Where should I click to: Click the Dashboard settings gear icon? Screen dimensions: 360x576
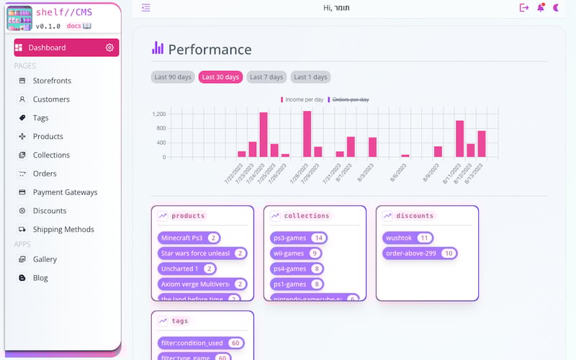tap(109, 48)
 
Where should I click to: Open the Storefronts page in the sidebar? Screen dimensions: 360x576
tap(52, 81)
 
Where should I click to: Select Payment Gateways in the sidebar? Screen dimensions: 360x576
tap(65, 192)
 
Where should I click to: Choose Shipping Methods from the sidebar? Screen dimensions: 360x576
tap(63, 230)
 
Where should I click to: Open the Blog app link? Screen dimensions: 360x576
tap(40, 278)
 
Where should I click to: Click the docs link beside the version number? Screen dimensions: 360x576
tap(78, 26)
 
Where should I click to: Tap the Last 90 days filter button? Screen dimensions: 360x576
tap(173, 77)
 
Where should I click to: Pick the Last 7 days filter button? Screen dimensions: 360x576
tap(266, 77)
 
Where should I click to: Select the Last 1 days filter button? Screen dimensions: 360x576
tap(310, 77)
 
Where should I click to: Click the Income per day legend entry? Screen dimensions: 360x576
tap(302, 99)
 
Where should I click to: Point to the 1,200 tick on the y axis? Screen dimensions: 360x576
tap(159, 114)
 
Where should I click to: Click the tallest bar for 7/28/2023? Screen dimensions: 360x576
tap(307, 133)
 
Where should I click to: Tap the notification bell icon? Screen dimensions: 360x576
tap(541, 8)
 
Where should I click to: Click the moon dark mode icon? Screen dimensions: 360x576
tap(556, 8)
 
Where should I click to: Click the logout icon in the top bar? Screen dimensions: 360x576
tap(523, 8)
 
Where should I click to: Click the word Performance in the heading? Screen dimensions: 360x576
tap(210, 50)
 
